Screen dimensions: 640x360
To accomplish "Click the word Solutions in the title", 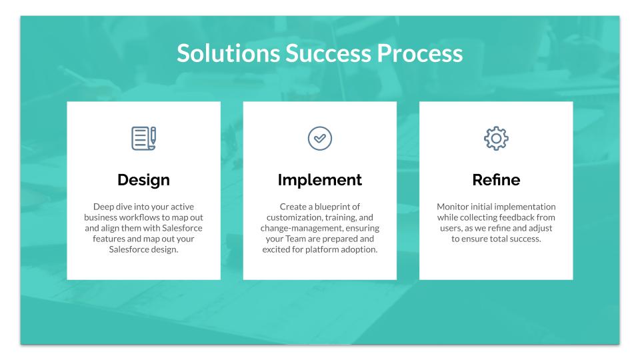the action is [x=228, y=53].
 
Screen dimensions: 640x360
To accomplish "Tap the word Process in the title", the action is [x=420, y=53].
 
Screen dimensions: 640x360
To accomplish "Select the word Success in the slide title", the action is [x=328, y=53].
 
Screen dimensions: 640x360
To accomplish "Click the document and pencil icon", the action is [x=144, y=139].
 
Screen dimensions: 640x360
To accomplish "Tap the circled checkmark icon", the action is [x=319, y=139].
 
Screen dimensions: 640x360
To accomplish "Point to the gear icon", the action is [x=496, y=139].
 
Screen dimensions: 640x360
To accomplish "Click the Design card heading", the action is [x=144, y=180].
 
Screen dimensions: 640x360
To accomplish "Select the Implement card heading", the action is [x=319, y=180].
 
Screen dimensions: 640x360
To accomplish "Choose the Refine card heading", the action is [x=496, y=180].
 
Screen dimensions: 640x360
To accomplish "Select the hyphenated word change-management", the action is [x=302, y=228].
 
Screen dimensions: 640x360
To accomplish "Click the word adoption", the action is [x=359, y=249].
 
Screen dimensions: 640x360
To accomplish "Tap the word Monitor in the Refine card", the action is [x=452, y=207].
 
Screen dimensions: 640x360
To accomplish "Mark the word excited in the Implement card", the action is [x=276, y=249].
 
